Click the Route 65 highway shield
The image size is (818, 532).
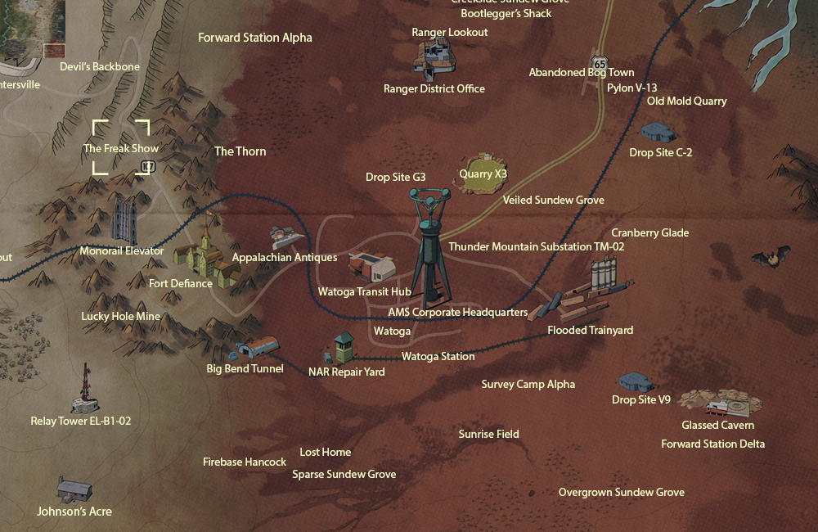(x=600, y=63)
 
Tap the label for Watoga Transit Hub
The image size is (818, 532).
(x=364, y=291)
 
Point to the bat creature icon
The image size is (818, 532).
(x=771, y=258)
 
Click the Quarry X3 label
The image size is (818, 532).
(x=483, y=174)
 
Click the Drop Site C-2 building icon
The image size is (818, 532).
(x=658, y=132)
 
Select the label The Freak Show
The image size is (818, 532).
(x=121, y=148)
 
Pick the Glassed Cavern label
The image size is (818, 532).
(x=717, y=425)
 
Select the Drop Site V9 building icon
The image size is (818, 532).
(x=636, y=381)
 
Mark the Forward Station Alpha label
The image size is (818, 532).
(x=255, y=38)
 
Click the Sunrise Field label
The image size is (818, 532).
(x=488, y=434)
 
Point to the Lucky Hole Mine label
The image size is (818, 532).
(x=121, y=317)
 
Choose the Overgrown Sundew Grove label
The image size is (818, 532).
(x=621, y=492)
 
